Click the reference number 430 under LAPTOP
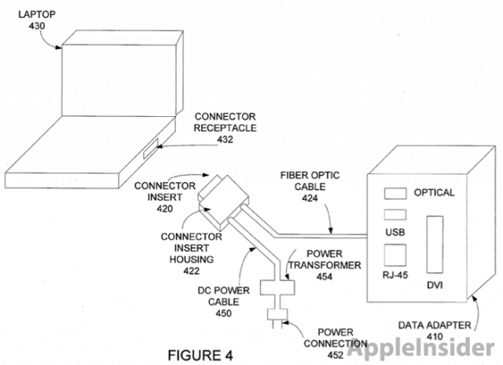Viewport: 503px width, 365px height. coord(36,26)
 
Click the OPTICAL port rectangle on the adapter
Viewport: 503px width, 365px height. coord(395,193)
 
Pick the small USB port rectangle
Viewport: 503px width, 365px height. coord(393,214)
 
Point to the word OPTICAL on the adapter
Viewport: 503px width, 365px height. coord(434,193)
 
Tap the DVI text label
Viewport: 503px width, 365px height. coord(434,285)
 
